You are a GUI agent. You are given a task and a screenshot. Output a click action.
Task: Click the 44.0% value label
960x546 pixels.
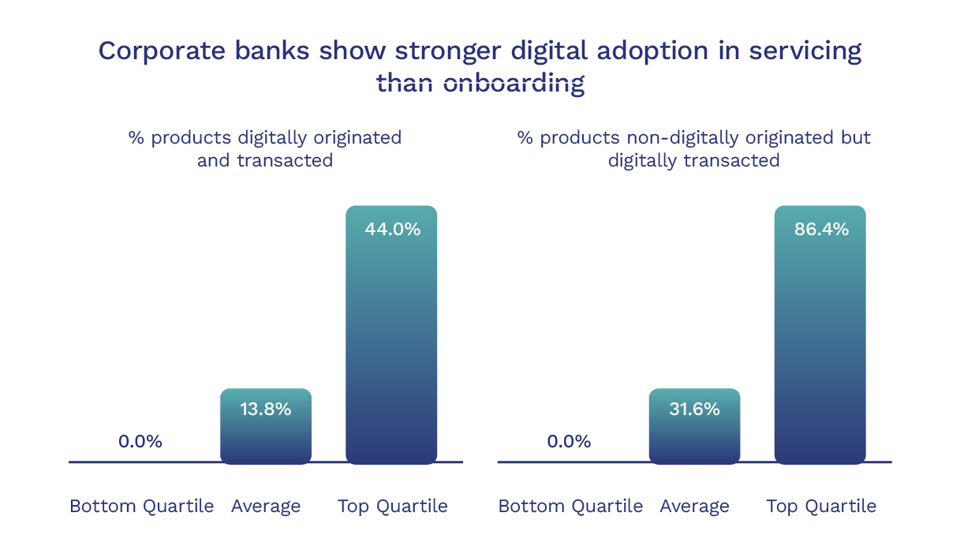392,230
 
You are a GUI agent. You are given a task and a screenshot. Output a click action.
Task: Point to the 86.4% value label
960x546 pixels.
821,230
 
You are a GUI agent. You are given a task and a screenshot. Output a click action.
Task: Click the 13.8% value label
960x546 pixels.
266,409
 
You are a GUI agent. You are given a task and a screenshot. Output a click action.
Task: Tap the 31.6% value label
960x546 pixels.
694,409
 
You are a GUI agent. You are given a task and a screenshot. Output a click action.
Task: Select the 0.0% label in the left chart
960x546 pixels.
140,442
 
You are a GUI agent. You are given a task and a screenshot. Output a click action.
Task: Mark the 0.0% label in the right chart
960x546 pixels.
569,442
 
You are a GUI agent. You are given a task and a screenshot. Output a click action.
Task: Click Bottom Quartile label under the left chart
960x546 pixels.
141,507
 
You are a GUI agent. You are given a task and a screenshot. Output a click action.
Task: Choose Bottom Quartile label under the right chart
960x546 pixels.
570,507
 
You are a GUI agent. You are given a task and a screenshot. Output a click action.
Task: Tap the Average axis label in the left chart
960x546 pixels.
266,507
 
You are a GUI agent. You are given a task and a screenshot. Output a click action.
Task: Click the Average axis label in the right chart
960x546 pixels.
694,507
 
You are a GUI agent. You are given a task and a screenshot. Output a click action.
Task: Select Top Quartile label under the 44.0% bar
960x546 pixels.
392,507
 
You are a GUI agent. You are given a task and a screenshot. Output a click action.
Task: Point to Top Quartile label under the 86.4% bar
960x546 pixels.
821,507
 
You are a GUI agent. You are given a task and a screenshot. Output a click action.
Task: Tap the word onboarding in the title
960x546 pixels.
514,83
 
